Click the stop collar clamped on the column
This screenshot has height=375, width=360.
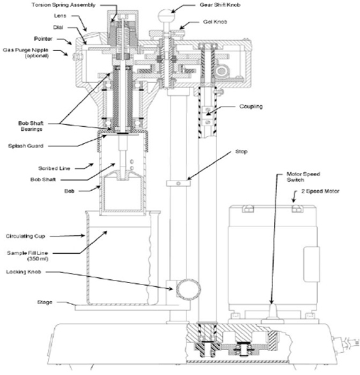coord(179,184)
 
